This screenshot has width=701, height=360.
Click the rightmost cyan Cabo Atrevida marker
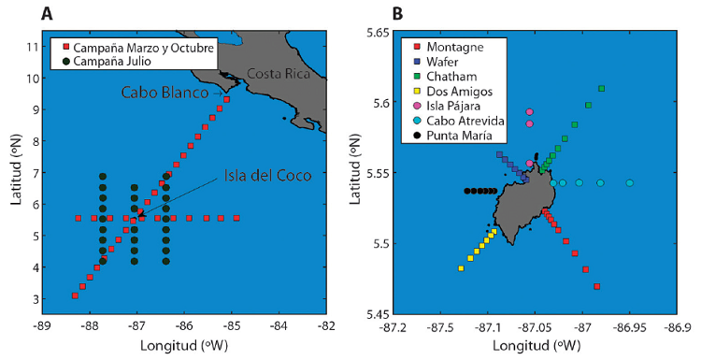630,183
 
